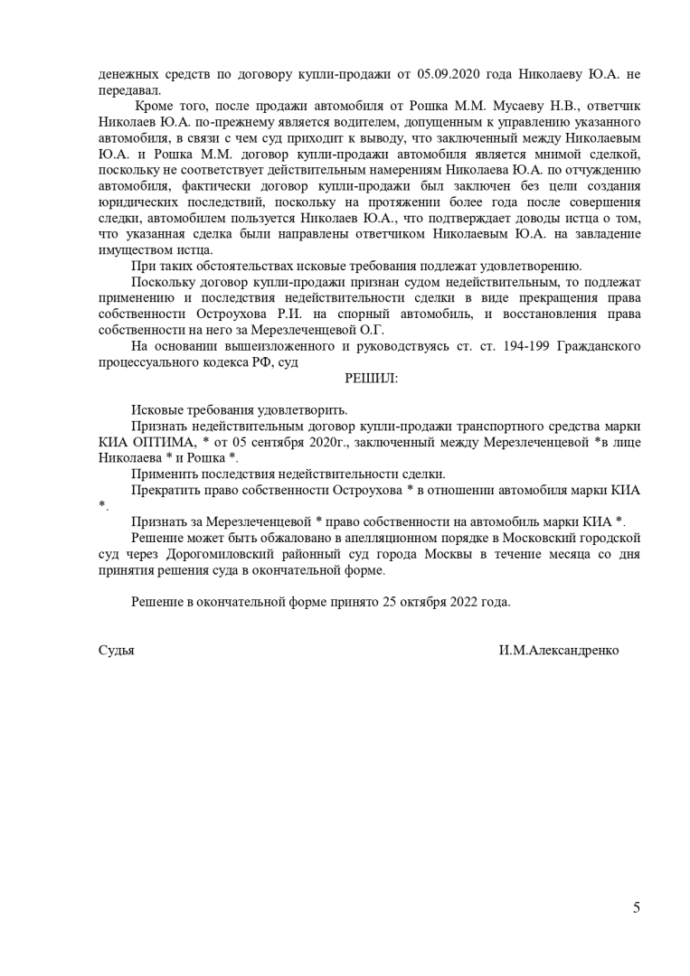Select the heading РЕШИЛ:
pyautogui.click(x=371, y=379)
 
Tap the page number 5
pyautogui.click(x=637, y=908)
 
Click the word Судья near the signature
pyautogui.click(x=116, y=651)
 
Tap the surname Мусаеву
pyautogui.click(x=499, y=106)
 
